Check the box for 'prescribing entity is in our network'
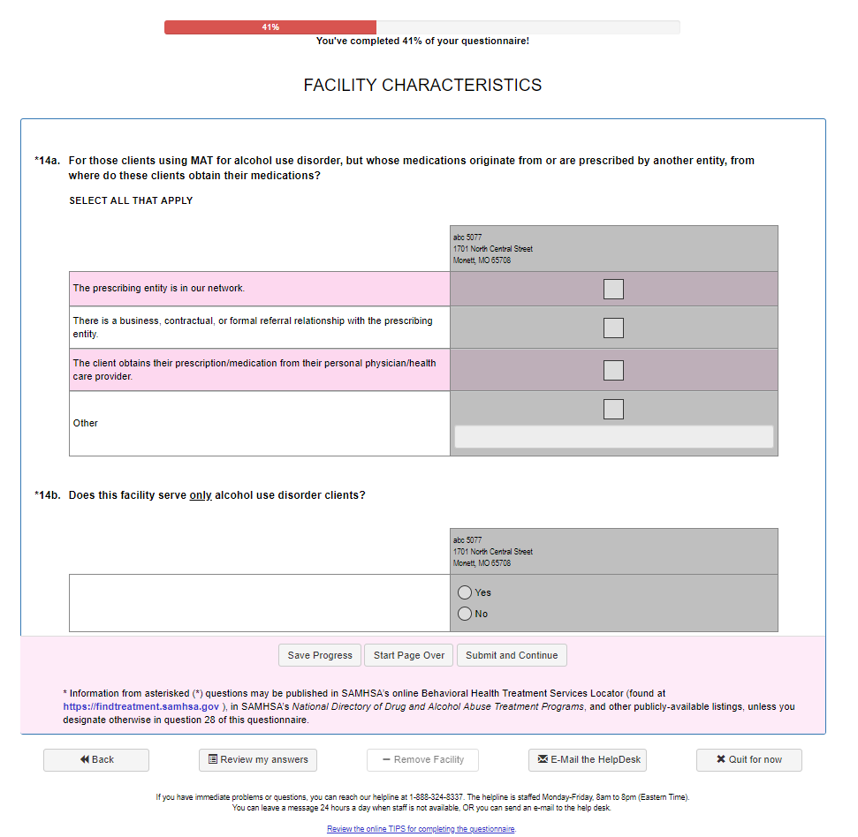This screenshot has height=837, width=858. pos(613,289)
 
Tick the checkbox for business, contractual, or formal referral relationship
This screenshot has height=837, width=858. pos(613,328)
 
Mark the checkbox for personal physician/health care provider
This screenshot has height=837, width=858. pos(613,370)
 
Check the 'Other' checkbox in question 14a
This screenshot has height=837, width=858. pos(613,409)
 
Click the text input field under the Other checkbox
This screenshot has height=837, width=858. pos(613,436)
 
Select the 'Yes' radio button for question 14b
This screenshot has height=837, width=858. pos(465,592)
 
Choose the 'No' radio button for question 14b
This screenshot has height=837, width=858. pos(465,614)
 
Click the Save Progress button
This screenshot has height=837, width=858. pos(320,655)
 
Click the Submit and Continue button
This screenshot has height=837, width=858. pos(512,655)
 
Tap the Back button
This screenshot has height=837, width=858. pos(96,760)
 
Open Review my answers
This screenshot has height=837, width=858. pos(257,760)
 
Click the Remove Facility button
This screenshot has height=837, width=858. pos(422,760)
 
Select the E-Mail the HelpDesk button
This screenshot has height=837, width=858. pos(588,760)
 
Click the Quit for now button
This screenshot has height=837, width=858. pos(748,760)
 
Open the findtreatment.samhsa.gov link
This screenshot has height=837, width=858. pos(141,706)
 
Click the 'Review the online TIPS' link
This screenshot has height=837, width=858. pos(421,829)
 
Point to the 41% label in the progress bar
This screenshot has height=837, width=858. pos(270,27)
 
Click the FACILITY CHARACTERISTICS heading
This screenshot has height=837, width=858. pos(422,86)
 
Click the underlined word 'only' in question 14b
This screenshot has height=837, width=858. pos(201,495)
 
